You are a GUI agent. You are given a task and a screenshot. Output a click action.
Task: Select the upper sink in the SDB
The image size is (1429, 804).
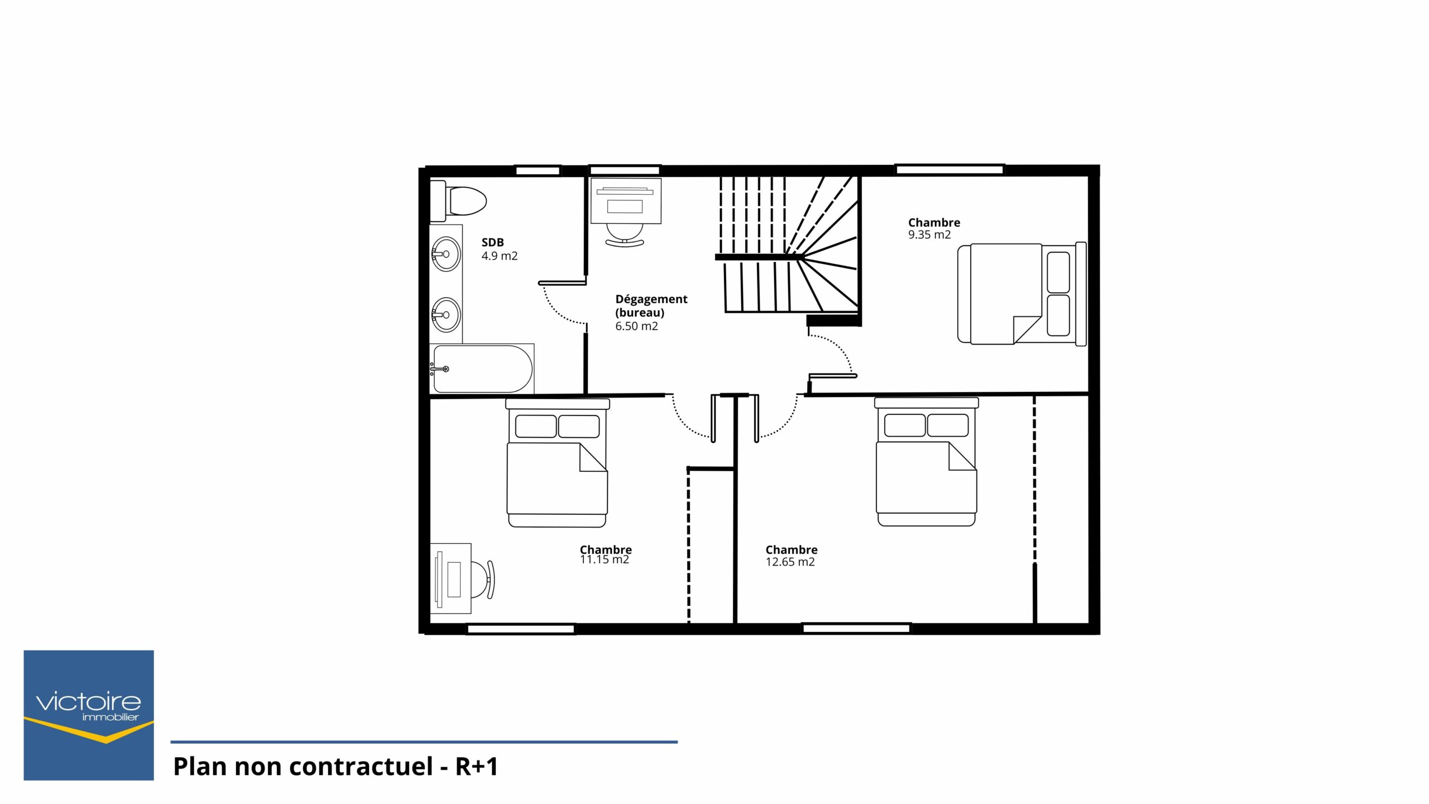point(446,254)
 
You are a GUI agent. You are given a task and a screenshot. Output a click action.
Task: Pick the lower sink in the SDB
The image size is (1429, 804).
point(446,315)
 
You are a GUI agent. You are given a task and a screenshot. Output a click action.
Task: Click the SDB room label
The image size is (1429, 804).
point(493,242)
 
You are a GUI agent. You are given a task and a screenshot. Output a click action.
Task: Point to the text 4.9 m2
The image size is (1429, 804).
point(500,256)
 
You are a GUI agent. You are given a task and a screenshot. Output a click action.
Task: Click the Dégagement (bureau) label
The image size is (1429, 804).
point(651,306)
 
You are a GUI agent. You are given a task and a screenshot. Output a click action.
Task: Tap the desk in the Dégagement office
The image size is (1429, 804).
point(626,201)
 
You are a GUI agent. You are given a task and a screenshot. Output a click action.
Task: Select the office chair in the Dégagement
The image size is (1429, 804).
point(625,235)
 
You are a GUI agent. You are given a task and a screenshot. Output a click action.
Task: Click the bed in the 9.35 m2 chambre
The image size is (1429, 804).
point(1022,294)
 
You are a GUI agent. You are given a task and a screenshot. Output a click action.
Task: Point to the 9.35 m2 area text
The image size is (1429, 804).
point(929,235)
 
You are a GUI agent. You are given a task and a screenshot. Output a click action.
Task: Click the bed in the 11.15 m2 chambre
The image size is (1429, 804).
point(557,462)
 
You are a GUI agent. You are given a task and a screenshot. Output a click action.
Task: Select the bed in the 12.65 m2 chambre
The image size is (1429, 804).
point(927,462)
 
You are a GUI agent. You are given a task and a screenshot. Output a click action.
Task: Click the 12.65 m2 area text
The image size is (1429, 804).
point(790,562)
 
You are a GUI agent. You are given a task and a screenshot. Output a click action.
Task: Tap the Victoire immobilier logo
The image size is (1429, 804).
point(89,715)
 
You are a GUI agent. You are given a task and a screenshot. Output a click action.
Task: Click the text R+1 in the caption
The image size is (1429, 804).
point(477,767)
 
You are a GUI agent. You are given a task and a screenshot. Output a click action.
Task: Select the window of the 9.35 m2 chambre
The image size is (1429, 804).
point(950,169)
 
